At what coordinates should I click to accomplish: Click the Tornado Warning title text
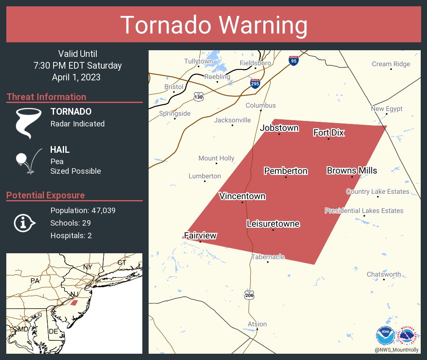click(213, 25)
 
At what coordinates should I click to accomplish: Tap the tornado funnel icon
click(28, 123)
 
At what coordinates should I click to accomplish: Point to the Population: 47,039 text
click(83, 211)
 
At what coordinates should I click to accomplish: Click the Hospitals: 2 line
click(71, 236)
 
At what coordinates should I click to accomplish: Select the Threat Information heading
click(46, 97)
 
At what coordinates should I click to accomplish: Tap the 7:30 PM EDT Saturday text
click(78, 66)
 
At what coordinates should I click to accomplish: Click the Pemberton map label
click(286, 171)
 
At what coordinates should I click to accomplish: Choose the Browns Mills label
click(352, 170)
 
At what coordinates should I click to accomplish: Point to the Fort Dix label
click(329, 133)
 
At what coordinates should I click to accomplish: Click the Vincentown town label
click(242, 196)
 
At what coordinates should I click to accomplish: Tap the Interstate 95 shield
click(293, 61)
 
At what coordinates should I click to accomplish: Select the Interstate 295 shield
click(255, 83)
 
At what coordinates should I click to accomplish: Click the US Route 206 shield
click(249, 295)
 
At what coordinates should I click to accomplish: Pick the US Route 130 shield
click(199, 97)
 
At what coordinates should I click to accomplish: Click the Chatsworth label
click(383, 275)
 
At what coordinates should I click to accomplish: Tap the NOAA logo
click(385, 335)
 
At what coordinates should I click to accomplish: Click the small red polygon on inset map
click(74, 302)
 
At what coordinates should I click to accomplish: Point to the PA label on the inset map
click(35, 280)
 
